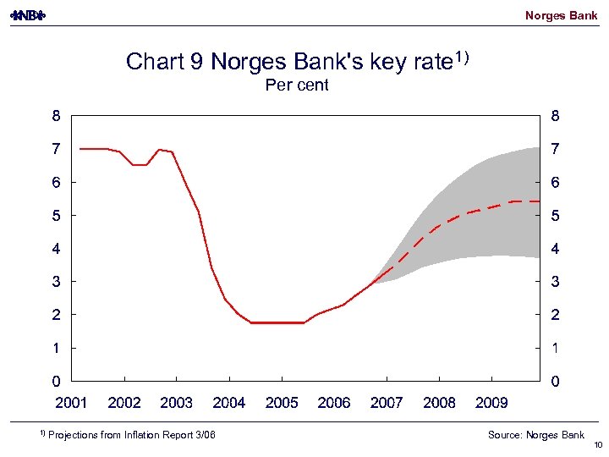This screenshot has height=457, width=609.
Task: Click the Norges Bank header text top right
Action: click(x=561, y=15)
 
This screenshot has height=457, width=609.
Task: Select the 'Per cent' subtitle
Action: click(x=297, y=85)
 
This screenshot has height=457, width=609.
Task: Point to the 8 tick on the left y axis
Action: click(x=56, y=115)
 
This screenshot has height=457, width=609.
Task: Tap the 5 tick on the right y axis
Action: click(x=555, y=216)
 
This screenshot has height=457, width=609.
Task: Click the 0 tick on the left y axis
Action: click(x=56, y=382)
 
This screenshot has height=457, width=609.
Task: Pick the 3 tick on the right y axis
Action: click(x=555, y=282)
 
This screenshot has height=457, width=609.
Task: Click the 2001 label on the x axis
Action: click(x=72, y=403)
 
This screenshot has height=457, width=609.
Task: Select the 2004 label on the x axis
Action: click(x=229, y=403)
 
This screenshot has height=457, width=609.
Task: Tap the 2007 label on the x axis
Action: click(x=387, y=403)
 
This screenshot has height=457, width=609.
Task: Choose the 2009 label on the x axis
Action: click(x=491, y=403)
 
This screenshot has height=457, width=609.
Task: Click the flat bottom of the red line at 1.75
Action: click(x=277, y=322)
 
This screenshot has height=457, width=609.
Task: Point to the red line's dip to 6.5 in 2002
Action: click(x=140, y=165)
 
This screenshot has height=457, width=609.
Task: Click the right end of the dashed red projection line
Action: click(x=539, y=201)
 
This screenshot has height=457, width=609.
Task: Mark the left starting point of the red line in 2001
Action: click(x=80, y=149)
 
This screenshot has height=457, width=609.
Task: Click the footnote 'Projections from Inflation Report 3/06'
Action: click(x=131, y=435)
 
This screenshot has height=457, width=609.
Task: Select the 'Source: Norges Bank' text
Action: click(x=535, y=435)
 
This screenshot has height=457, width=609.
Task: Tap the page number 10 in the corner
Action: click(x=596, y=446)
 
